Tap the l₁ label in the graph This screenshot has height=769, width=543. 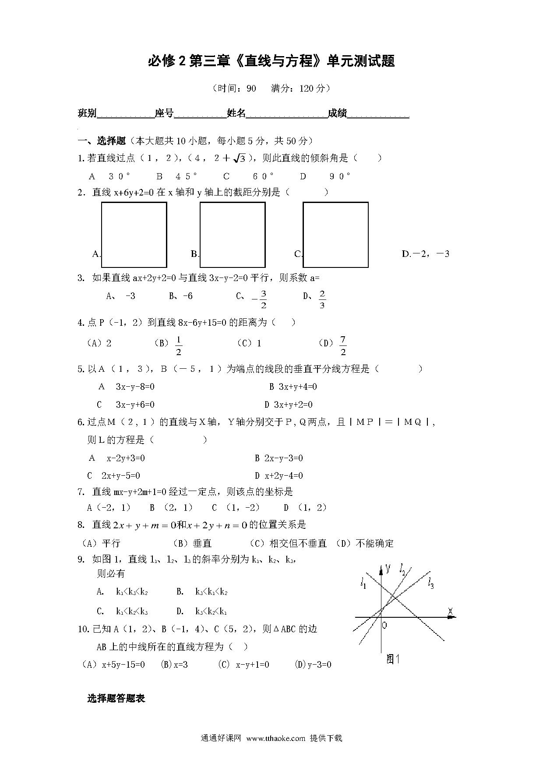tap(363, 583)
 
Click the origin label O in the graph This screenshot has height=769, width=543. tap(384, 625)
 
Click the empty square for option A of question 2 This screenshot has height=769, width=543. tap(134, 235)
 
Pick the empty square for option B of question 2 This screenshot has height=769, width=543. tap(233, 235)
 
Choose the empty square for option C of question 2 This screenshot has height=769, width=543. tap(335, 235)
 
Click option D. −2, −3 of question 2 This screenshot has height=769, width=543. tap(425, 254)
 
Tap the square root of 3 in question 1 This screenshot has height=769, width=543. tap(239, 158)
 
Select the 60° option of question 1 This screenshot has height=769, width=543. tap(263, 176)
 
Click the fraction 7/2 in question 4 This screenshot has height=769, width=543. tap(343, 346)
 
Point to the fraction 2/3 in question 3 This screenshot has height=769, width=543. tap(322, 299)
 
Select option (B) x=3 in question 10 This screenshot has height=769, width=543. tap(175, 665)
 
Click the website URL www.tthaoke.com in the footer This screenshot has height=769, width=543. tap(275, 738)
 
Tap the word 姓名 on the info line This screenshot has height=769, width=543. tap(236, 113)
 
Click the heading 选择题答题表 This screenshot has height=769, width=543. tap(116, 699)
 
